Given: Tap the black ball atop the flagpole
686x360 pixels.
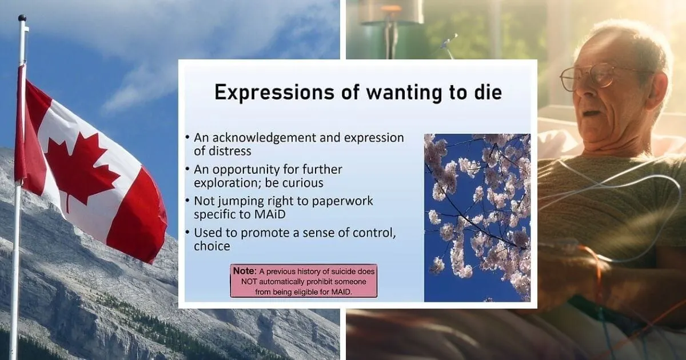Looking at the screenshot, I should coord(22,18).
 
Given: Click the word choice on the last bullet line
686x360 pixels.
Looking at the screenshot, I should coord(212,247).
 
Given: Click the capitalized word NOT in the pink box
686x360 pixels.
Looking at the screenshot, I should coord(247,282).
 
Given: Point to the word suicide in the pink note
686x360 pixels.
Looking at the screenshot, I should coord(334,272).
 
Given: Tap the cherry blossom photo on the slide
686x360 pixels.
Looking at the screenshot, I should coord(477,217).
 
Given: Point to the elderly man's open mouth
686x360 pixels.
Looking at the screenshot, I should coord(591,113).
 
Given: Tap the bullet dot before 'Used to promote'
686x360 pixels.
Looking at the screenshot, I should coord(188,233).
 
